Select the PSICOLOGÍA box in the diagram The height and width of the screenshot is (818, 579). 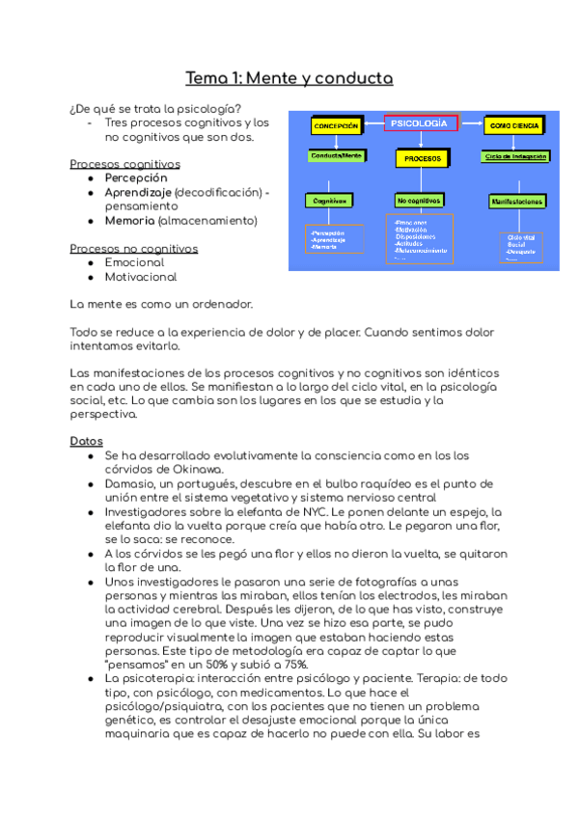421,123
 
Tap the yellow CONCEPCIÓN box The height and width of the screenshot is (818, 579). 335,126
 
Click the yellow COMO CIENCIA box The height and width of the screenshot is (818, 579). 513,126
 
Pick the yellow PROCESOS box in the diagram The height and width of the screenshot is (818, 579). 423,157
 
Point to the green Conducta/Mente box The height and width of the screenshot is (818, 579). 335,155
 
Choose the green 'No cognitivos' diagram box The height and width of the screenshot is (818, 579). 420,201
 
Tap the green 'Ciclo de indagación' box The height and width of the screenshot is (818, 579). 516,155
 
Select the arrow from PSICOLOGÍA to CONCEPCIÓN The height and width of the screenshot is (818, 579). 372,124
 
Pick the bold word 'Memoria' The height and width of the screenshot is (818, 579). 129,221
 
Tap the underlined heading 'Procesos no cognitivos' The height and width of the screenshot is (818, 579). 134,249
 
